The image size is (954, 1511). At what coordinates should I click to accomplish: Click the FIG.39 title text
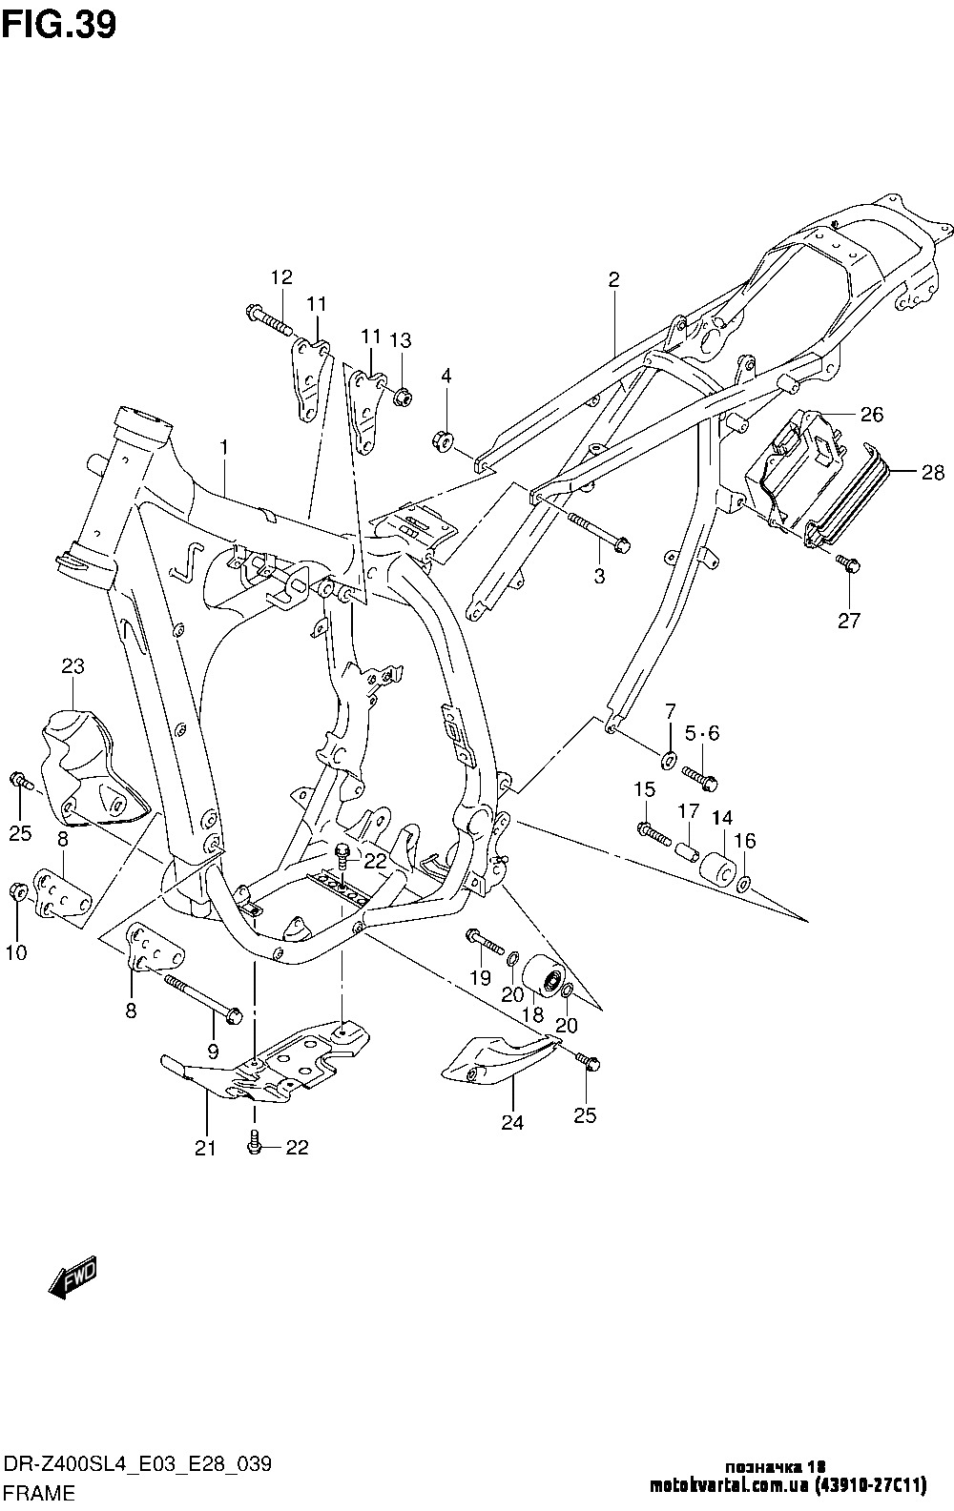click(x=59, y=24)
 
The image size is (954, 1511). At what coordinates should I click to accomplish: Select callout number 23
click(x=73, y=665)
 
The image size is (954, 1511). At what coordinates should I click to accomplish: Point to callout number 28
click(x=932, y=471)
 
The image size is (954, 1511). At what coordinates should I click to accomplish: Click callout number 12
click(x=280, y=277)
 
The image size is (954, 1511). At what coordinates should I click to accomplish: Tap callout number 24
click(x=512, y=1122)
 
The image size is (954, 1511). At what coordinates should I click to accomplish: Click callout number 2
click(x=614, y=279)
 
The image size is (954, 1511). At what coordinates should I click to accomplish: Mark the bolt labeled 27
click(x=847, y=563)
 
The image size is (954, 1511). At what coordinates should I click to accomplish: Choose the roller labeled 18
click(x=542, y=973)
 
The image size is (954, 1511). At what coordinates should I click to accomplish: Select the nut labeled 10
click(x=17, y=891)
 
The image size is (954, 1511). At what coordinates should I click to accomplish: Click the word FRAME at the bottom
click(x=40, y=1493)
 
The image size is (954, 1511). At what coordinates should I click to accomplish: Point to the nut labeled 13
click(x=402, y=396)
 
